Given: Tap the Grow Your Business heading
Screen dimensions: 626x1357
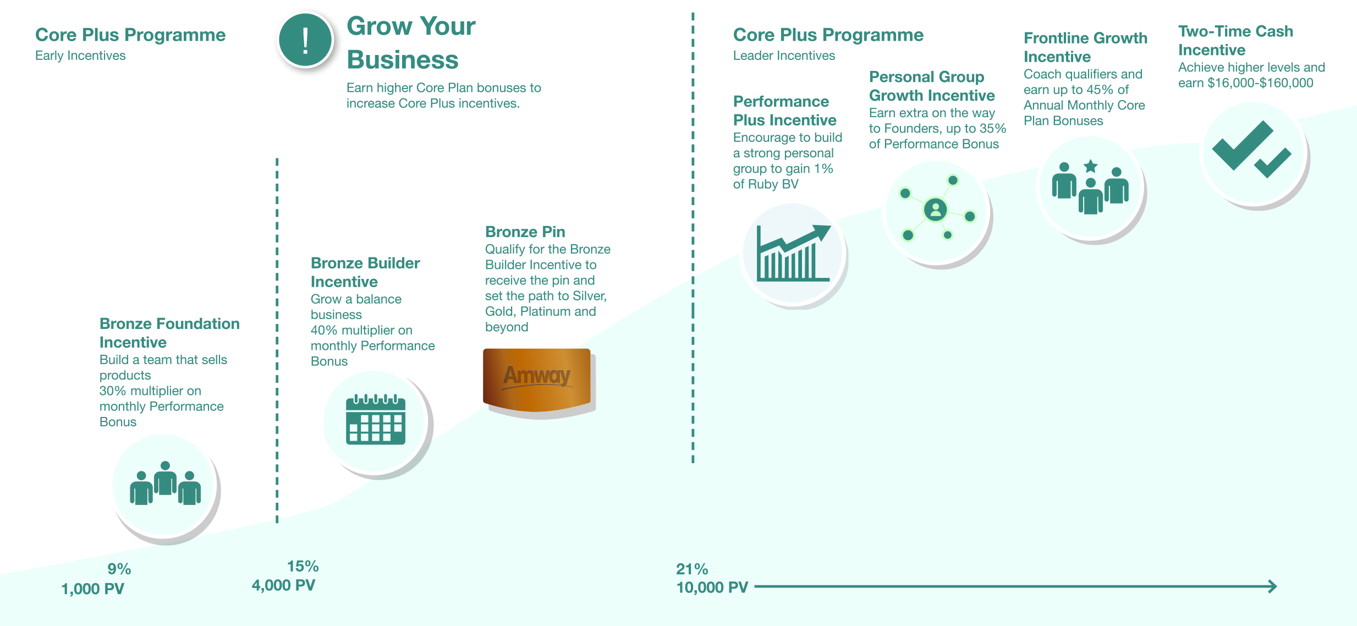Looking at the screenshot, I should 411,43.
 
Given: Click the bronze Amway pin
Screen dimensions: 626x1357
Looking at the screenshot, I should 537,380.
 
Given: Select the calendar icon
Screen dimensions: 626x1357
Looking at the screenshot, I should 376,420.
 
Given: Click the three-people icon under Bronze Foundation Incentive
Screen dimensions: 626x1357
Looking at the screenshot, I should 165,484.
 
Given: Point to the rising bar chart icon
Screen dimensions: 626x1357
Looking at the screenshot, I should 793,254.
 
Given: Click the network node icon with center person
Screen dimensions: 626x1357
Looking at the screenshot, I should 935,210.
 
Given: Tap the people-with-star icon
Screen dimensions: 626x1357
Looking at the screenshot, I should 1090,187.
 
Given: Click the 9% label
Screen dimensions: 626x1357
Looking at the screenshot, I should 119,569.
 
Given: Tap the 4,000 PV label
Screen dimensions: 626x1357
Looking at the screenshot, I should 283,585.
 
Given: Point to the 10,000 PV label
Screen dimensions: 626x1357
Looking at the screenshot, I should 712,587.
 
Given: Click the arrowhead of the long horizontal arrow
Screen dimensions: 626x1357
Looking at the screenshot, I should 1272,586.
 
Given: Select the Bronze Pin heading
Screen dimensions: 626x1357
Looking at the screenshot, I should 525,232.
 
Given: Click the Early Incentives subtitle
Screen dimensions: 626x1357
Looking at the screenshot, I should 80,56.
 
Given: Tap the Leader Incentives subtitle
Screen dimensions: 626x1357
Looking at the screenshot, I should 784,56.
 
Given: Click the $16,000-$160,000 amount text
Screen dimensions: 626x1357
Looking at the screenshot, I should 1260,83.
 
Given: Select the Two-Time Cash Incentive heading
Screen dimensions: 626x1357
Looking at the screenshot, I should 1235,40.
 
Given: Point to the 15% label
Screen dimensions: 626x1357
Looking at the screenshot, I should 303,566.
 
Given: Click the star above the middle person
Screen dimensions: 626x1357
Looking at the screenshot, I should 1090,166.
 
